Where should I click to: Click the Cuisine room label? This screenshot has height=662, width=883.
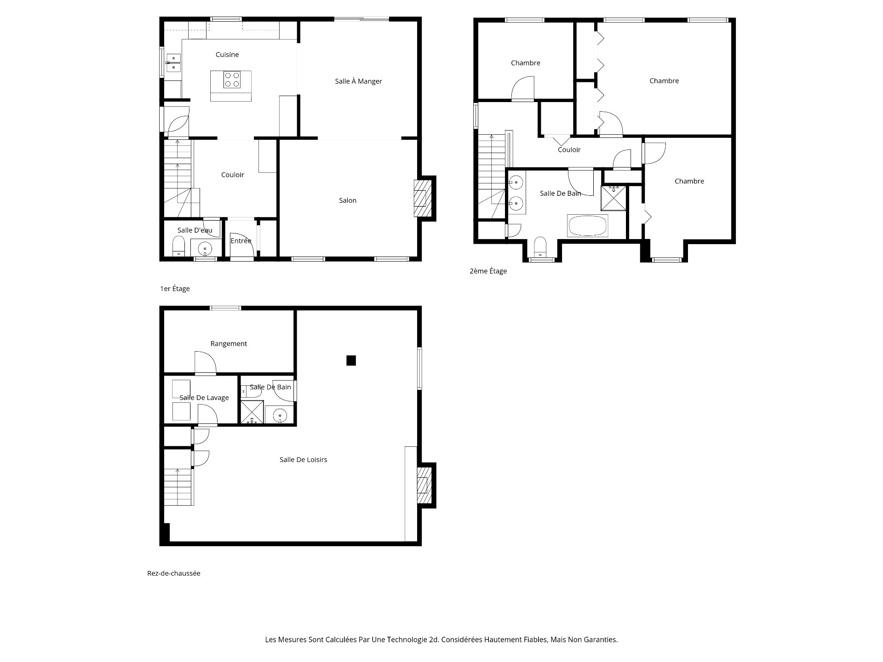[227, 55]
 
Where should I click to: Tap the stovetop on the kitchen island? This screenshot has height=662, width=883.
[232, 80]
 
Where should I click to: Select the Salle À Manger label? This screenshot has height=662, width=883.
[358, 81]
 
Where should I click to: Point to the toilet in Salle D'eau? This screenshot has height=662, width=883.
[178, 245]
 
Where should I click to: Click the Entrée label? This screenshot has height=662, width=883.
[241, 241]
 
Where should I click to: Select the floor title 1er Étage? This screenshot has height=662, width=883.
[175, 289]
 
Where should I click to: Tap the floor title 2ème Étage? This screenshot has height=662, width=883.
[488, 271]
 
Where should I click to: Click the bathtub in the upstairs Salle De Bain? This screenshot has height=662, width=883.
[587, 226]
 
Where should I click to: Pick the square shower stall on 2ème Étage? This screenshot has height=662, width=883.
[614, 198]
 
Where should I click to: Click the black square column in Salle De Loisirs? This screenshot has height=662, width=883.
[351, 361]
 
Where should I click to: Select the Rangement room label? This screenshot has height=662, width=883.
[229, 344]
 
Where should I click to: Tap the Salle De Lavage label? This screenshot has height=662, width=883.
[204, 398]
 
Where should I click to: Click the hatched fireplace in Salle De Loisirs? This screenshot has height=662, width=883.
[424, 485]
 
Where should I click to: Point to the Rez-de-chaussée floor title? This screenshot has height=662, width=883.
[173, 573]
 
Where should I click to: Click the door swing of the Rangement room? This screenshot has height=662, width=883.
[205, 363]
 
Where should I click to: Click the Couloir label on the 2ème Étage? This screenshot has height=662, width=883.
[569, 150]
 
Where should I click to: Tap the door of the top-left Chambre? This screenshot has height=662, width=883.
[523, 89]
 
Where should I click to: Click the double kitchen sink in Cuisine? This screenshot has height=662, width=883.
[173, 63]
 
